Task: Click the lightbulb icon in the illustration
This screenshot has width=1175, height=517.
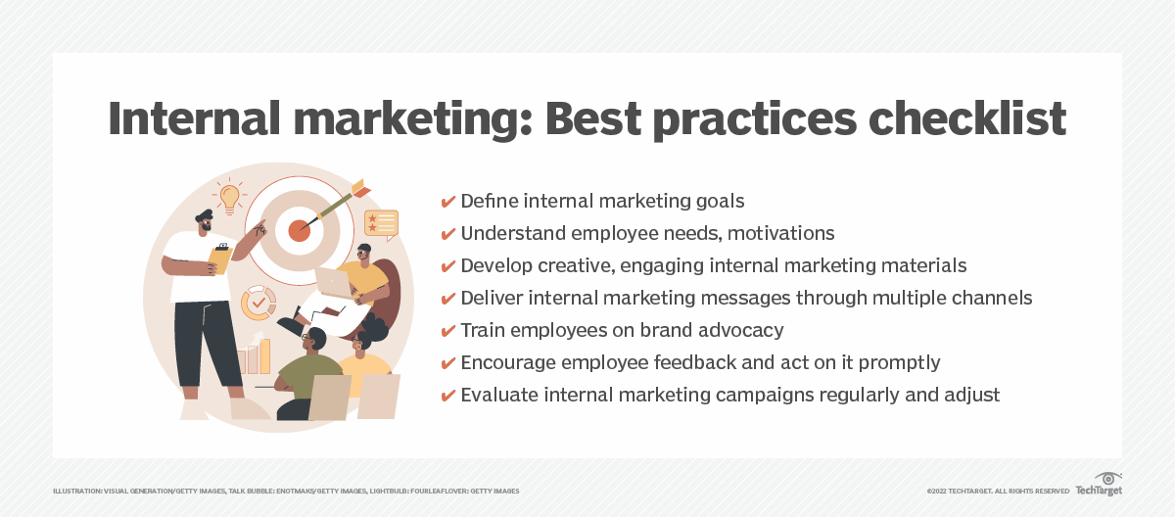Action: pos(230,197)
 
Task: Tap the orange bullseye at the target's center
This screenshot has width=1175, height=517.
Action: pos(299,231)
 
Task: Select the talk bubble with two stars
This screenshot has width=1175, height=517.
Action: pos(381,223)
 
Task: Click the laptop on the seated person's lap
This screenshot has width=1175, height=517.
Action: pos(332,283)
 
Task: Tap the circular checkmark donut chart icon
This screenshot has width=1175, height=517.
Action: pos(258,303)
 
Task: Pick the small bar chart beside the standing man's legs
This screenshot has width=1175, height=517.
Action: pos(253,357)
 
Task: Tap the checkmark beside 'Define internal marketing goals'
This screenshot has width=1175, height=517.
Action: pos(448,202)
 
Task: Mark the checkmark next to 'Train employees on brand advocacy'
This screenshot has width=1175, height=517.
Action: pos(448,331)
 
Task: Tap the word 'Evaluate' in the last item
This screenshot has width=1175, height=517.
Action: pos(500,396)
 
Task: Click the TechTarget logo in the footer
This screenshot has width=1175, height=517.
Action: pos(1099,484)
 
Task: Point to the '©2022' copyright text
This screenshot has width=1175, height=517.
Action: pos(937,491)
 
